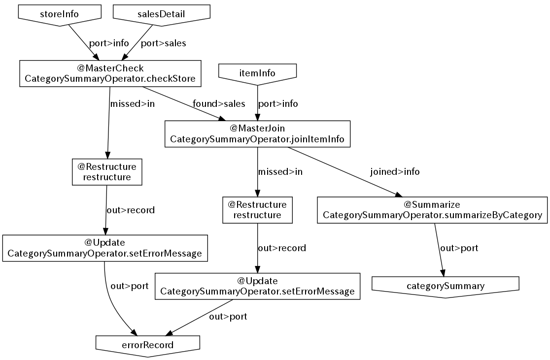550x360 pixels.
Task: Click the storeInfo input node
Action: point(59,13)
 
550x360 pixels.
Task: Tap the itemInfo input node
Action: point(258,73)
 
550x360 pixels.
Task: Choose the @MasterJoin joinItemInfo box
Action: point(257,134)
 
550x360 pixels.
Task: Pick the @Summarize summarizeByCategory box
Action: point(432,210)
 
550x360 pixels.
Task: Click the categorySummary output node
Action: point(446,286)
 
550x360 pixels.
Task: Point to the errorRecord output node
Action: point(148,344)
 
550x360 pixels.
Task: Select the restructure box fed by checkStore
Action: point(107,172)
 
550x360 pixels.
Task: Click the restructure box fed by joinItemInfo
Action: point(257,210)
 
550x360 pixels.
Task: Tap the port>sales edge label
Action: point(164,43)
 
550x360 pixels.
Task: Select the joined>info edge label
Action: point(395,172)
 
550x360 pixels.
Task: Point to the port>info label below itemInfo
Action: point(278,103)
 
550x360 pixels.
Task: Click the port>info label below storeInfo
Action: point(109,43)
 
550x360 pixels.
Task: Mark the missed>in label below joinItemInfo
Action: point(280,172)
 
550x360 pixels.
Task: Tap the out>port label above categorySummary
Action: point(459,248)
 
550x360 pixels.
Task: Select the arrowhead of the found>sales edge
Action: point(221,118)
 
